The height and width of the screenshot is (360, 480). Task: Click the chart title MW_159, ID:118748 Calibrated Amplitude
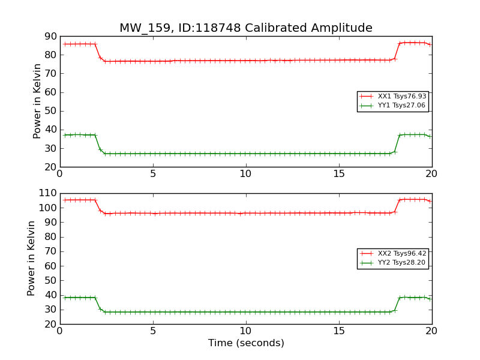[x=246, y=28]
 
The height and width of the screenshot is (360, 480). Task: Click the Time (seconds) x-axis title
[x=246, y=343]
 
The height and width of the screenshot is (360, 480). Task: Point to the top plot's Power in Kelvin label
[x=37, y=101]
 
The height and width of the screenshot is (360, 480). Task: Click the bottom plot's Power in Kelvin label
[x=31, y=259]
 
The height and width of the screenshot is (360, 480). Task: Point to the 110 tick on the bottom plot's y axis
[x=47, y=194]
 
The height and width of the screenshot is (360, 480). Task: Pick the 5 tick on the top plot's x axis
[x=153, y=173]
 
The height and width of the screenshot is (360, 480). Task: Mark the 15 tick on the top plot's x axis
[x=339, y=173]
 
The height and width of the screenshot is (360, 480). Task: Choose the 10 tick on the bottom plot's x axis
[x=246, y=331]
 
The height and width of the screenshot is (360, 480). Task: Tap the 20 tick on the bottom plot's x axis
[x=431, y=331]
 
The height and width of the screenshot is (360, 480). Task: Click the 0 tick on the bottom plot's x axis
[x=60, y=331]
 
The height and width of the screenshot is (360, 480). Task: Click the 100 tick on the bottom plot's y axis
[x=47, y=208]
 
